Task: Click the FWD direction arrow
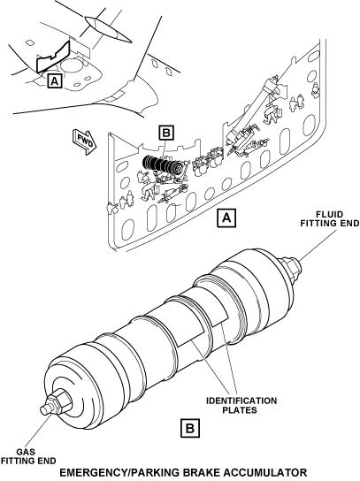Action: (84, 142)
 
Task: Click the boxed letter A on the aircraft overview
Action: (55, 80)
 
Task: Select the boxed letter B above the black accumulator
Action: (166, 133)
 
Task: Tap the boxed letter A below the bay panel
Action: (226, 218)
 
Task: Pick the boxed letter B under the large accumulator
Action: (189, 428)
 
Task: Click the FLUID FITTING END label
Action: (330, 218)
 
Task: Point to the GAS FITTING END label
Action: (28, 456)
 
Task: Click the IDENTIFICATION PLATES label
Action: (241, 405)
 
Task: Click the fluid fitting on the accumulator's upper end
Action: (290, 265)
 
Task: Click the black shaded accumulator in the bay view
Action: (164, 166)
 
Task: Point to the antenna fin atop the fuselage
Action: (107, 28)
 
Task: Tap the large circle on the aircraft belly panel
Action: (73, 65)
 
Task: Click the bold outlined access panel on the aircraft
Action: (53, 57)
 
